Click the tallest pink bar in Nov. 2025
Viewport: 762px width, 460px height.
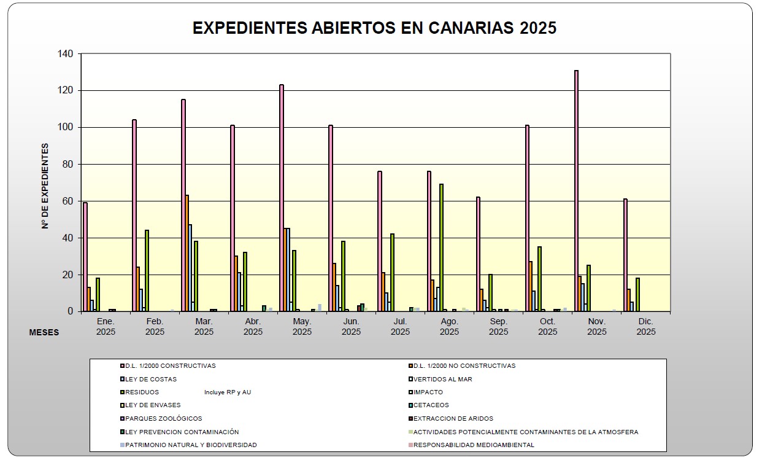(x=576, y=190)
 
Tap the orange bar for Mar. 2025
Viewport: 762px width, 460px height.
(x=187, y=253)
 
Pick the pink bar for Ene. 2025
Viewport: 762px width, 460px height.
(x=85, y=257)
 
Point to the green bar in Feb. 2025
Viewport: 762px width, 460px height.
(x=147, y=270)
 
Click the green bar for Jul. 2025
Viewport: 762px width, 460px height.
(x=392, y=272)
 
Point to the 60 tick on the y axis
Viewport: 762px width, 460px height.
(x=67, y=201)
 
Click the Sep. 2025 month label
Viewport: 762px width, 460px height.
(x=498, y=327)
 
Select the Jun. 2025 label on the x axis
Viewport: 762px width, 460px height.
(x=351, y=327)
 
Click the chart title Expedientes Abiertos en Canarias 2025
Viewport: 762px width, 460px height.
(x=374, y=28)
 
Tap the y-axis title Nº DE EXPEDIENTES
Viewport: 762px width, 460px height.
(x=45, y=185)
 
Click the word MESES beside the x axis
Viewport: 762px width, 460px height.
(x=44, y=332)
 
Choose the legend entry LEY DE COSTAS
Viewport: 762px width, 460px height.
(x=151, y=380)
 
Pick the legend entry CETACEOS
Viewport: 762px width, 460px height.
(x=431, y=405)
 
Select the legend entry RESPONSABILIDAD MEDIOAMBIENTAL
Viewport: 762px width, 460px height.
(x=473, y=445)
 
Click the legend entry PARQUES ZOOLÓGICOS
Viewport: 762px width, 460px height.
(x=163, y=419)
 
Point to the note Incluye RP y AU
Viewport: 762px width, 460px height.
(x=228, y=392)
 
